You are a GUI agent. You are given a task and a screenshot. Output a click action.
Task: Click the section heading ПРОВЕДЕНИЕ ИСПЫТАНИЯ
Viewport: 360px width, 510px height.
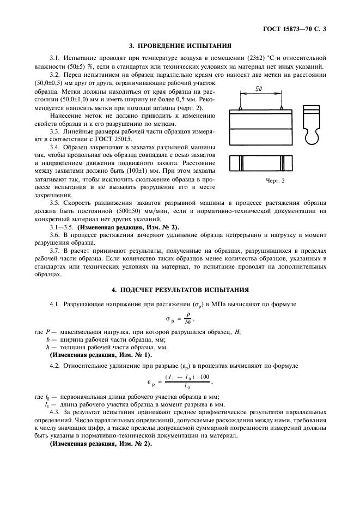coord(180,46)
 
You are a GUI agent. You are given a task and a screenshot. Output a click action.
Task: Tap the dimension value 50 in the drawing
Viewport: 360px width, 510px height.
coord(259,89)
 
